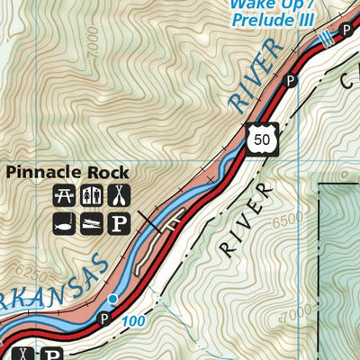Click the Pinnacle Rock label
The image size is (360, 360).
(68, 172)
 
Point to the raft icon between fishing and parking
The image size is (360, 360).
(91, 222)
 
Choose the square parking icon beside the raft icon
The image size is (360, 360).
(119, 222)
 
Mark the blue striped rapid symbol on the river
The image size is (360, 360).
(325, 36)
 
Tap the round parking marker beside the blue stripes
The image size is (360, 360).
(346, 31)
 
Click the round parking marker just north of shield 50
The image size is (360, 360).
(291, 81)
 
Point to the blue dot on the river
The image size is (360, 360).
(112, 298)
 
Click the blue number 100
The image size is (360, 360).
(134, 319)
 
